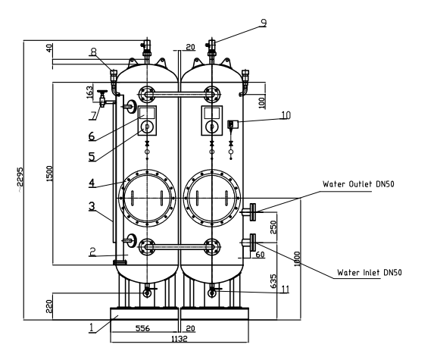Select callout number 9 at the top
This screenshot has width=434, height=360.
264,23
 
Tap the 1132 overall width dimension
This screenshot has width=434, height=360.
179,340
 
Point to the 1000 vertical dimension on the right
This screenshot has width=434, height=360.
298,260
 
